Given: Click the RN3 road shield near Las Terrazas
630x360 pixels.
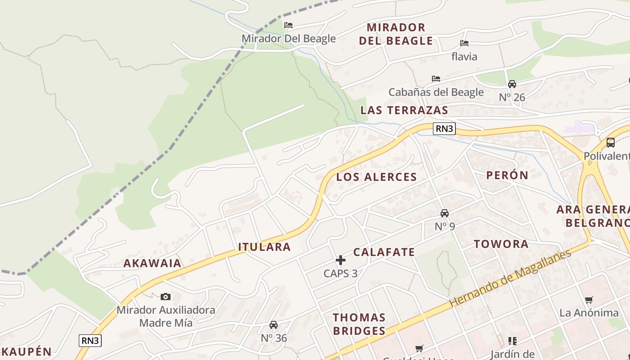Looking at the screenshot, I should pyautogui.click(x=444, y=129).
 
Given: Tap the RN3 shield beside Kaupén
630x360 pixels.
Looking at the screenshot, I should pyautogui.click(x=90, y=341).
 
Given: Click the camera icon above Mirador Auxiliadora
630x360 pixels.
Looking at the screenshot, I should pyautogui.click(x=166, y=297).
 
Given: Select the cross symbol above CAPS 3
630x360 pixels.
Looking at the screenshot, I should pyautogui.click(x=341, y=260).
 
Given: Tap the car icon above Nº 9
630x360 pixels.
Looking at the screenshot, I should pyautogui.click(x=445, y=213).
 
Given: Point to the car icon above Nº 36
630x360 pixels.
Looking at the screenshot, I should pyautogui.click(x=274, y=324).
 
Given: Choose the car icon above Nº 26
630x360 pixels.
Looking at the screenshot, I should pyautogui.click(x=512, y=84).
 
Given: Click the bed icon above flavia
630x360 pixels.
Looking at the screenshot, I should pyautogui.click(x=464, y=43).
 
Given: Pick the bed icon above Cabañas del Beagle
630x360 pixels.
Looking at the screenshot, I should pyautogui.click(x=436, y=78).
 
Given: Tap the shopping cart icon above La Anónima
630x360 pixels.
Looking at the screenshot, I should pyautogui.click(x=589, y=300).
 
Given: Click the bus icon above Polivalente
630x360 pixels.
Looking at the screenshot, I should pyautogui.click(x=611, y=143).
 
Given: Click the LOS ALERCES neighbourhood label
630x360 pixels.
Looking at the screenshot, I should pyautogui.click(x=377, y=177).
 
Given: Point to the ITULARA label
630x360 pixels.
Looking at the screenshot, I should pyautogui.click(x=265, y=247).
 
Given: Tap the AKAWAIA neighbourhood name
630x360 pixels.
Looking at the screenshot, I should pyautogui.click(x=153, y=263).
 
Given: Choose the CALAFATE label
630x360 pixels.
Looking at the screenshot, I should pyautogui.click(x=384, y=252).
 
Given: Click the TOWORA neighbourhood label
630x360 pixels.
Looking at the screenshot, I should pyautogui.click(x=501, y=244).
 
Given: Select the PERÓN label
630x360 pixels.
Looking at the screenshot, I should pyautogui.click(x=507, y=175).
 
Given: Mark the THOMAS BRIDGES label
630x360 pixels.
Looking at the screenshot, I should pyautogui.click(x=359, y=324).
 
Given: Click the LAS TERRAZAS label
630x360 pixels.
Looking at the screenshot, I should pyautogui.click(x=404, y=110).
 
